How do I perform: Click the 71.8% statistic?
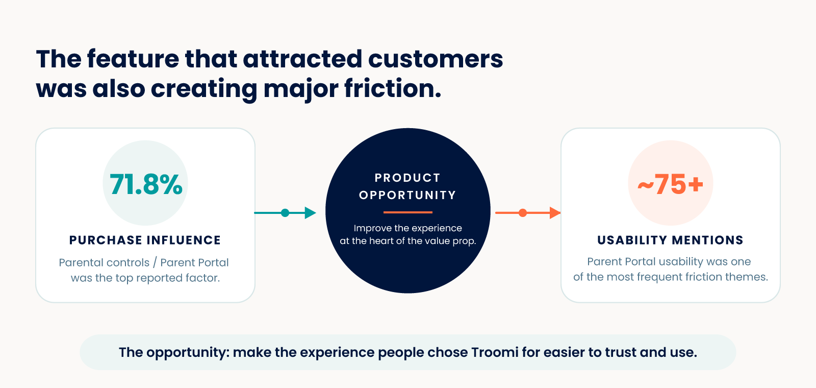146,184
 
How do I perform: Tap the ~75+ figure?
670,184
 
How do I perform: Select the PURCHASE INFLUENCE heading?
145,240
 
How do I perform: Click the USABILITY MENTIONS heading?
670,240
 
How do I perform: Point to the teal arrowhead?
310,212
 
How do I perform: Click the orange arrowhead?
555,212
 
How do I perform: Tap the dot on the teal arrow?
285,212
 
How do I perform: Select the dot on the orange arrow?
523,212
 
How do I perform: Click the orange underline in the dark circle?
408,212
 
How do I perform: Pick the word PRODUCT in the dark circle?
407,178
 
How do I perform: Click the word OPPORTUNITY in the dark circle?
407,195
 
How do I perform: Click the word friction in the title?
393,88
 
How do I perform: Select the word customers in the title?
436,59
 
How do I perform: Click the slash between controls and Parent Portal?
155,262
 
